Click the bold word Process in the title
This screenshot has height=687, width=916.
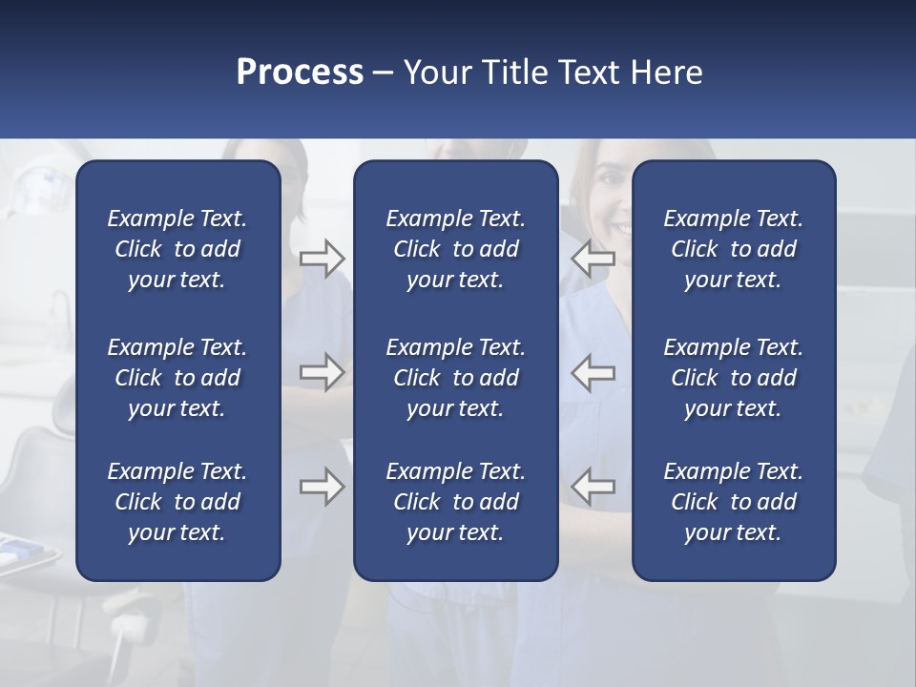300,73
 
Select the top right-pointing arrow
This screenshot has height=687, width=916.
322,258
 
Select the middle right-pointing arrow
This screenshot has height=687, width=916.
322,372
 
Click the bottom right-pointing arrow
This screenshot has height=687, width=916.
322,487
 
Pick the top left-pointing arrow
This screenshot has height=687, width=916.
593,258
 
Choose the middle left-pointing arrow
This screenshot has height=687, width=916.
593,372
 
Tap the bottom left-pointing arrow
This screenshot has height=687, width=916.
593,487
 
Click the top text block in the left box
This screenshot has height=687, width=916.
177,249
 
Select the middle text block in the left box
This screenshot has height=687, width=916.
177,378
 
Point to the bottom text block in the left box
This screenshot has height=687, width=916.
177,502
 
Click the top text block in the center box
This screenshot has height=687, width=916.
456,249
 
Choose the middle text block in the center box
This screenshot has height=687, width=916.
456,378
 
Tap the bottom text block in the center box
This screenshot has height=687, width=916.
456,502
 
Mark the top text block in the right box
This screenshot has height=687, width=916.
734,249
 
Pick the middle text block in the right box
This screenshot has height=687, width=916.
734,378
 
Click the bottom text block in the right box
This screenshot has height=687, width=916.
734,502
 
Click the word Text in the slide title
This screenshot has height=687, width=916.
590,73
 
